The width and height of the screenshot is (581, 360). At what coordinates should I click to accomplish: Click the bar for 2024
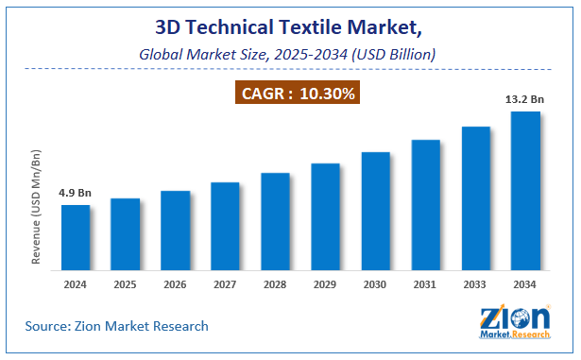coord(76,237)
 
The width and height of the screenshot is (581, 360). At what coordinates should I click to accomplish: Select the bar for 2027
coord(225,226)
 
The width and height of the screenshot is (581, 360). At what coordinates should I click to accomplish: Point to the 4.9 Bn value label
coord(76,194)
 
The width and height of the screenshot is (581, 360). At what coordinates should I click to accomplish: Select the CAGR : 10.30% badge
coord(291,95)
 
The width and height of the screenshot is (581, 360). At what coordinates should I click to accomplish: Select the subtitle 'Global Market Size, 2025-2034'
coord(290,56)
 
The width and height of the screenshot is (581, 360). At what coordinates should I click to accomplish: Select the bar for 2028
coord(275,221)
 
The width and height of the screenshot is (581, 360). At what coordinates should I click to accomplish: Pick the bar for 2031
coord(425,205)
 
